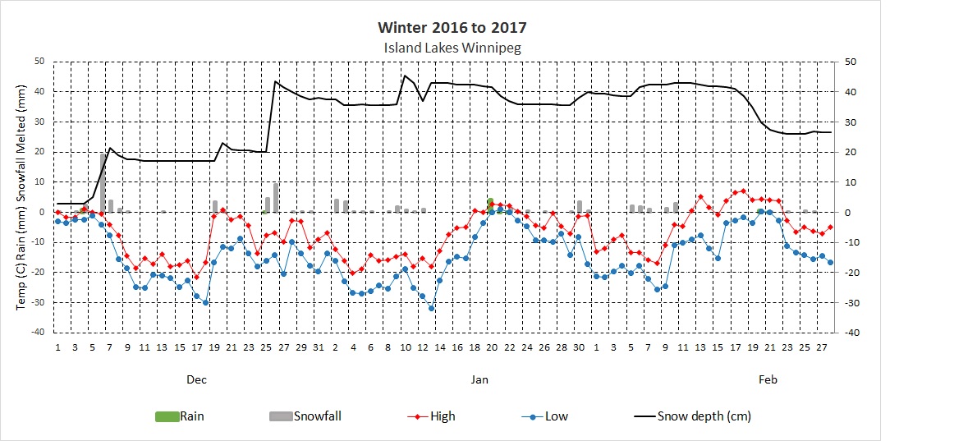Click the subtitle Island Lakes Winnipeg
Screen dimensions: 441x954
452,48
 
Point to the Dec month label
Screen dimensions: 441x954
196,379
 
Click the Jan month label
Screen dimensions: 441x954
479,379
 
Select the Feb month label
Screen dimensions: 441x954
768,379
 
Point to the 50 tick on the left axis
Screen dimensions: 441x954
39,62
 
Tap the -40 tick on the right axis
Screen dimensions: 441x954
850,333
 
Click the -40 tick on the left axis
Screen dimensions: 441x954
37,333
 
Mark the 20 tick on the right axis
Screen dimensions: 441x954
850,152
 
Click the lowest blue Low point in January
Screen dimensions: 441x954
431,308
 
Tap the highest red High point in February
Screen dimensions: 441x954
743,191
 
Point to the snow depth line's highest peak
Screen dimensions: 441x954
405,76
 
